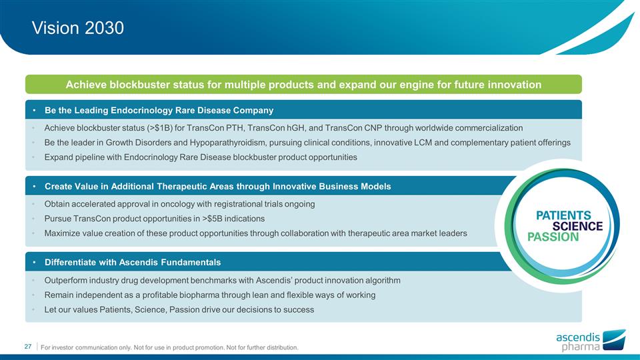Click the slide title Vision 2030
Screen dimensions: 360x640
tap(78, 28)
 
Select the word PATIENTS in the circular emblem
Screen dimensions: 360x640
tap(564, 215)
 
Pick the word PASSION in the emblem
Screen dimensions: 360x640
tap(553, 237)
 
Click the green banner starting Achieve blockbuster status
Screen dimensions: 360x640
tap(303, 85)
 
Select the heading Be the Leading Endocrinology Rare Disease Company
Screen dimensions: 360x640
tap(159, 109)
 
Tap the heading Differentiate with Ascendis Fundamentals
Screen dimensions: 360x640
tap(133, 261)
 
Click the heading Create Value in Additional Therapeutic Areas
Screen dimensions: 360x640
tap(217, 186)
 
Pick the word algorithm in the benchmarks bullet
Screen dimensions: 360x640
tap(380, 279)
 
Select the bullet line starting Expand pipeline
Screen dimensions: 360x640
tap(200, 157)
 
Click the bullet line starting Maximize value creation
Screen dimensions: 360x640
tap(255, 233)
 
